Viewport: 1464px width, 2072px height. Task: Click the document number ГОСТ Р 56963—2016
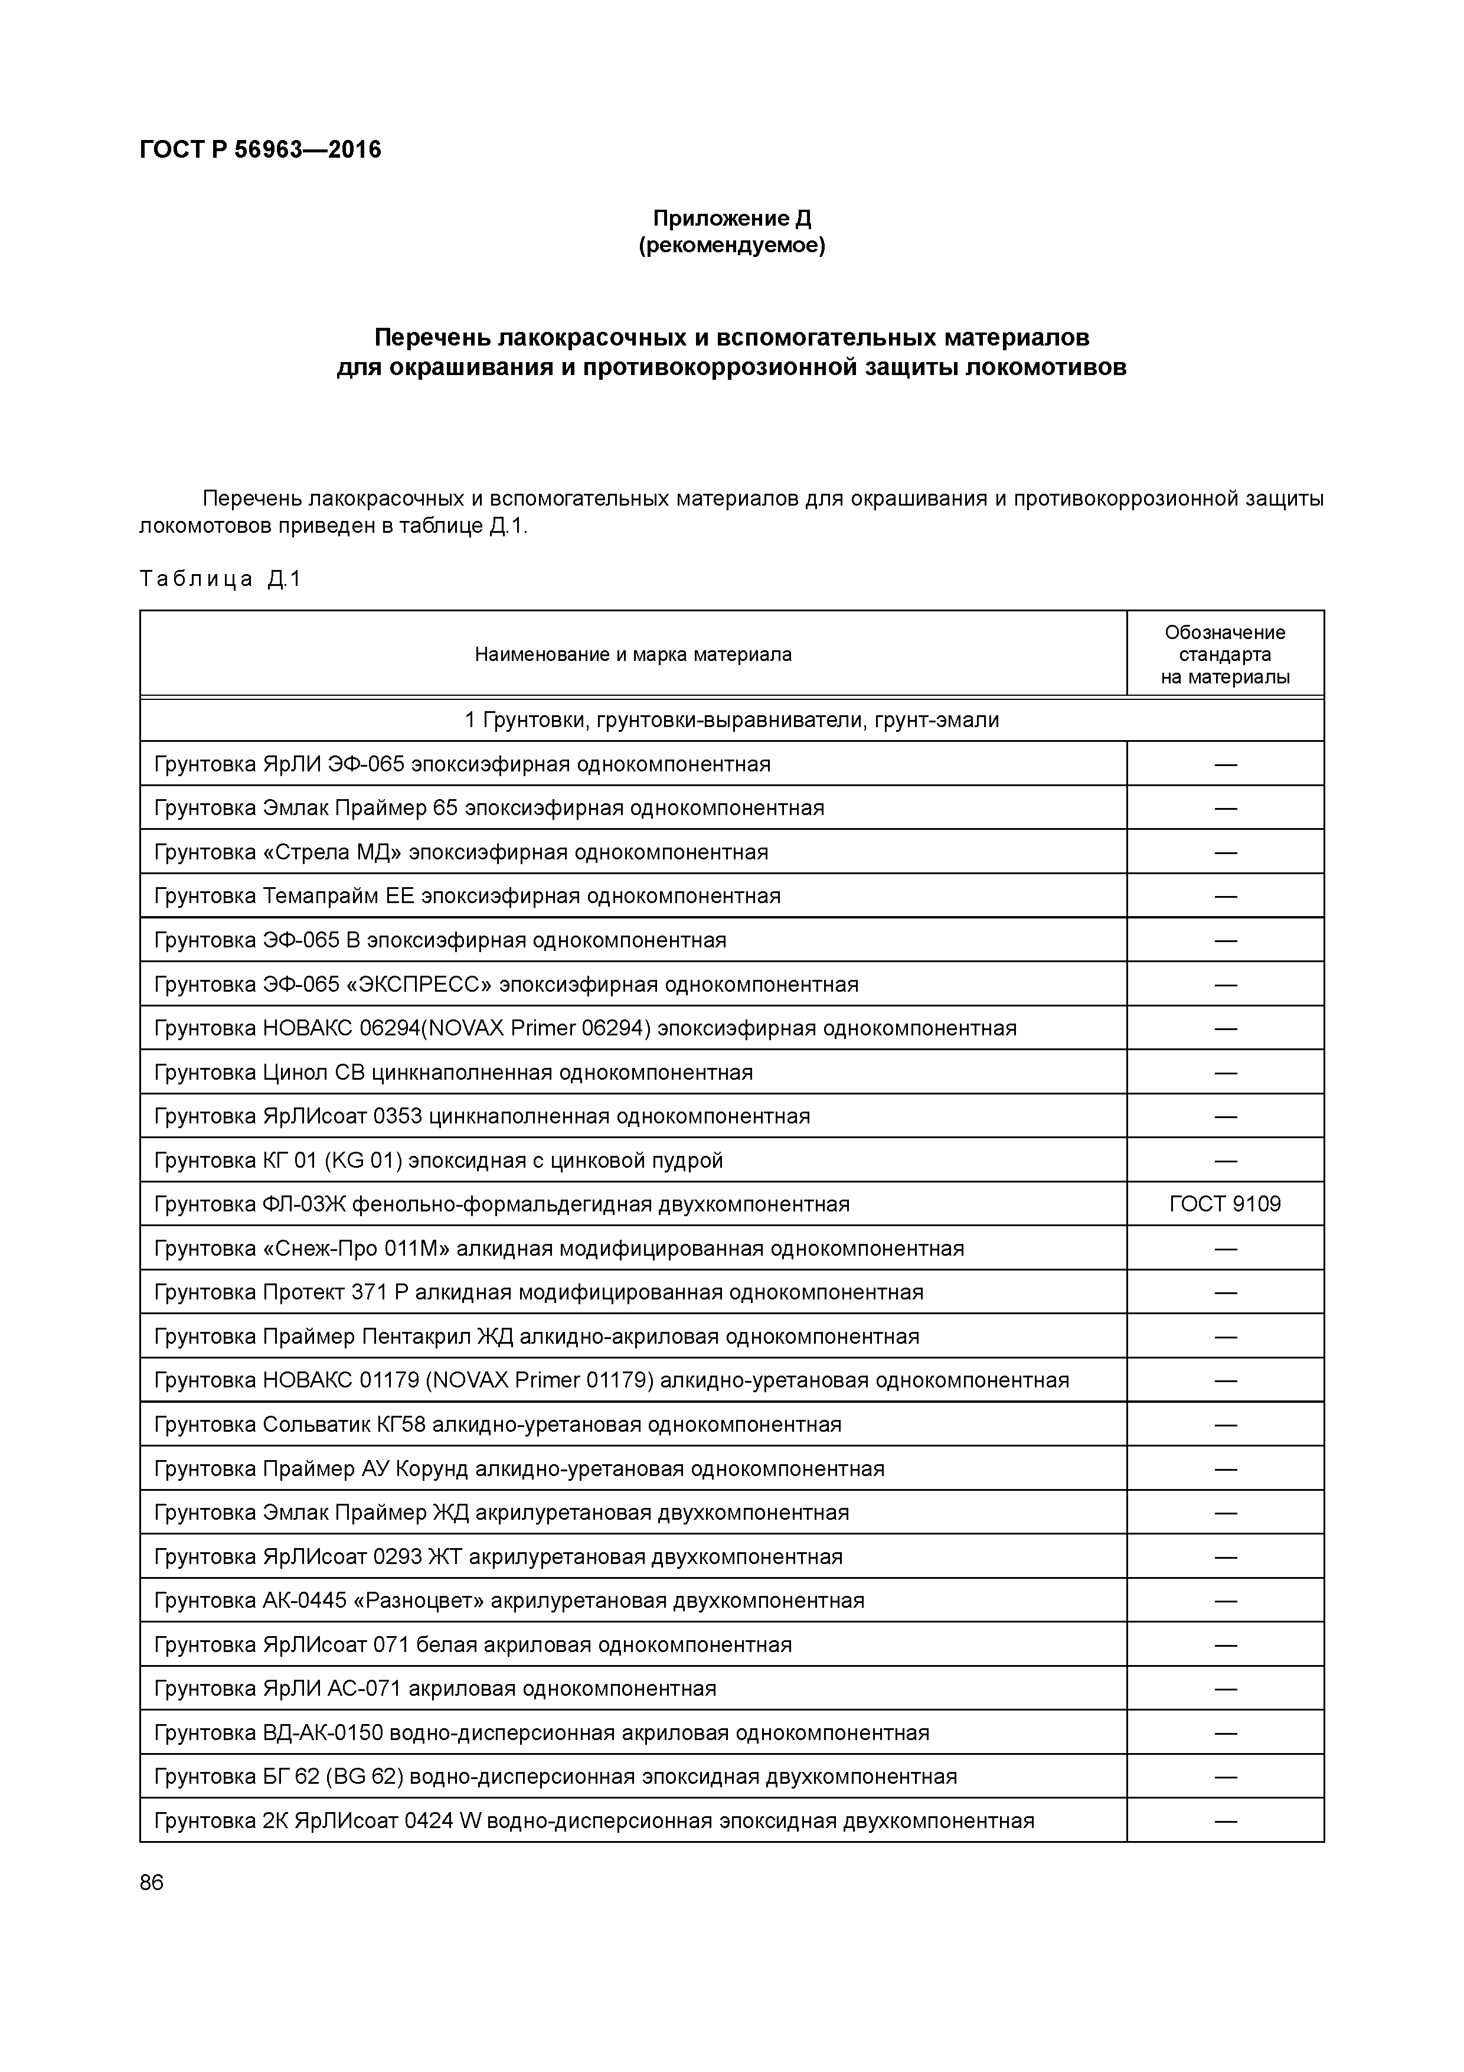click(260, 150)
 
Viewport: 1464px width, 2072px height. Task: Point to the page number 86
click(152, 1882)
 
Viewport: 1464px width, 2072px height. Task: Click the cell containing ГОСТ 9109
click(1224, 1204)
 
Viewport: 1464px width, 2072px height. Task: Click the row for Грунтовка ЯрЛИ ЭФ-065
click(462, 764)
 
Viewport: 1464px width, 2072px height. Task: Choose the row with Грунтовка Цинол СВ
click(453, 1072)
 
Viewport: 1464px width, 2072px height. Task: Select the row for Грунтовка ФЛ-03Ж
click(502, 1204)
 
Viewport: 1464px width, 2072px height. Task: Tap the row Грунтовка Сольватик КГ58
click(497, 1424)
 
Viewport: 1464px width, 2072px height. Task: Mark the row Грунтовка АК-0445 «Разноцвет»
click(509, 1600)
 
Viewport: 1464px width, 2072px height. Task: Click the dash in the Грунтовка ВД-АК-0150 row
click(1224, 1733)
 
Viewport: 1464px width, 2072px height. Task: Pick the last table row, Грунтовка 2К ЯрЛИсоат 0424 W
click(593, 1820)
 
